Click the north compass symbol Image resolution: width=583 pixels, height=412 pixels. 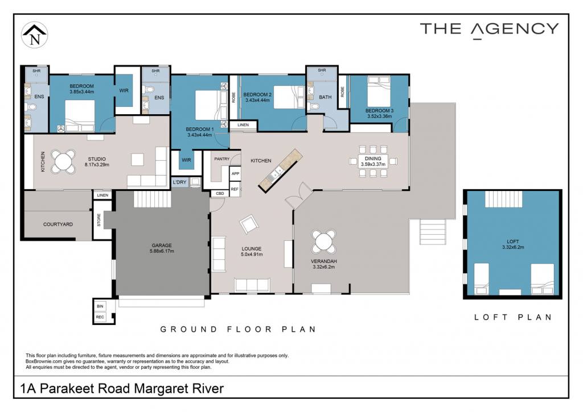[x=35, y=35]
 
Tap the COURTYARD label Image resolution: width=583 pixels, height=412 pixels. [x=58, y=224]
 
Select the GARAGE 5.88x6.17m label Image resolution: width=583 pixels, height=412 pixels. [x=162, y=248]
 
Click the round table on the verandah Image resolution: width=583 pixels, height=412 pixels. [x=323, y=242]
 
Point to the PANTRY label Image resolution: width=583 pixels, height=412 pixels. [x=222, y=159]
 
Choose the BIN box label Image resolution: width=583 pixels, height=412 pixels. [x=100, y=306]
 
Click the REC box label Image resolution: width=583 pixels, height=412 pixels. [x=100, y=317]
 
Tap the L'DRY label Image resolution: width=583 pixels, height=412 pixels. [x=179, y=182]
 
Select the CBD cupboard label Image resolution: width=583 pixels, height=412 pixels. [x=220, y=194]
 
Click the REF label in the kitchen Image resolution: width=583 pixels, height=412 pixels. [x=234, y=189]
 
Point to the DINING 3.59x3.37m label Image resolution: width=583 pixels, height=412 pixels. [x=373, y=161]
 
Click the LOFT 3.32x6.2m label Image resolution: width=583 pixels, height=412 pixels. [x=513, y=244]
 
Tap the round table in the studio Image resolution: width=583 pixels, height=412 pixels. [x=63, y=161]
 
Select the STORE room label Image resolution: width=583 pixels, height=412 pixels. [x=99, y=220]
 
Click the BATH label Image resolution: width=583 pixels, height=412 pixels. [x=325, y=97]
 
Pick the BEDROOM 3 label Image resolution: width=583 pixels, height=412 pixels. [x=379, y=111]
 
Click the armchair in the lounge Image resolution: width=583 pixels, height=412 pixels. [x=249, y=224]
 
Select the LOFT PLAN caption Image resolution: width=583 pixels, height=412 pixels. [x=513, y=317]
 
